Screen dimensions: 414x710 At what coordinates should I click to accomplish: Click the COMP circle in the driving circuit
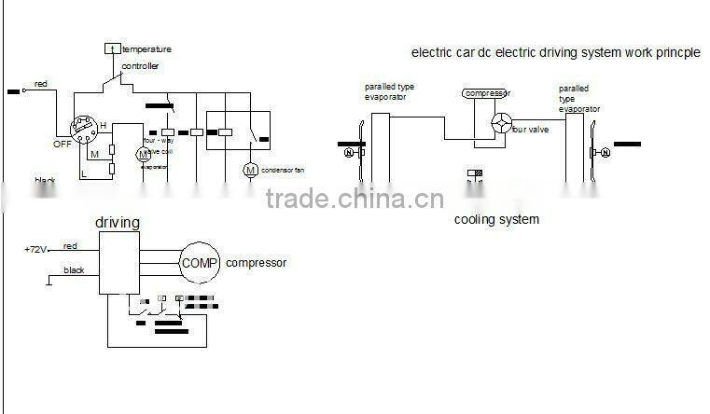199,263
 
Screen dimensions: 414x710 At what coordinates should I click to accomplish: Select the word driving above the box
118,223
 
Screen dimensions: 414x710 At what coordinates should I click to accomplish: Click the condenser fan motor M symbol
249,170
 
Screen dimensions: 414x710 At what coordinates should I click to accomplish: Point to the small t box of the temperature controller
111,48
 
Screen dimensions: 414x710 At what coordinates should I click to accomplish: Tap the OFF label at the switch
63,144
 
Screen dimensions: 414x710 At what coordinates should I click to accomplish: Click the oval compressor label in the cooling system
487,94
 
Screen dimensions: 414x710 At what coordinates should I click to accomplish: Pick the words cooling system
496,220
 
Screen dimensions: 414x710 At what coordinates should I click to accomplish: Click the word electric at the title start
432,53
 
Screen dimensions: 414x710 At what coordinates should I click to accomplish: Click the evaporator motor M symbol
143,153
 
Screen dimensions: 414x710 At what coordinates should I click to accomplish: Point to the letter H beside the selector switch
103,126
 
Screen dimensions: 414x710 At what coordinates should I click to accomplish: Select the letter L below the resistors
84,173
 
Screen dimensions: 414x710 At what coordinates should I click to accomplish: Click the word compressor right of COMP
256,263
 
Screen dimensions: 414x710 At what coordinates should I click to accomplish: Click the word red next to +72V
70,246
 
